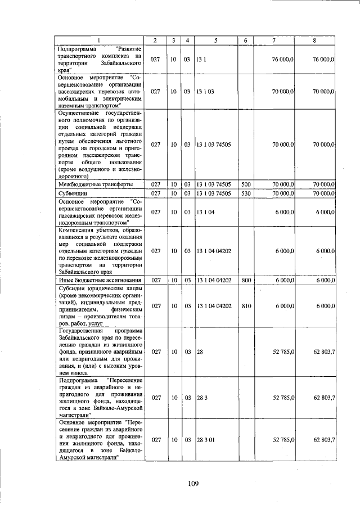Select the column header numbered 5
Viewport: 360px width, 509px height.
pos(215,40)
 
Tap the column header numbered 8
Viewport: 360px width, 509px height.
pos(315,40)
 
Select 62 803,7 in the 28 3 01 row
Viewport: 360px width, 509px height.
pos(325,440)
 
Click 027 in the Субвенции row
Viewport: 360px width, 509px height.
pos(156,193)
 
